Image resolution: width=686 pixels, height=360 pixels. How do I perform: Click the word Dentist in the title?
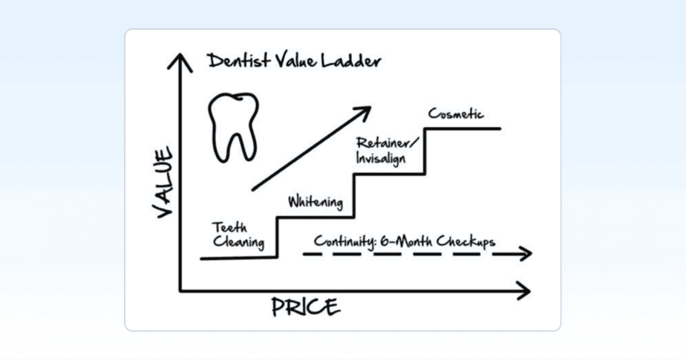(239, 60)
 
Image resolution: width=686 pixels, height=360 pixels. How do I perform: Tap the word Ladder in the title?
(351, 60)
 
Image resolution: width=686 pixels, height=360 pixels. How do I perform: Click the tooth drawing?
(233, 127)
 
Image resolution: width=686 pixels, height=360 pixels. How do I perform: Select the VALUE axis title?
(163, 183)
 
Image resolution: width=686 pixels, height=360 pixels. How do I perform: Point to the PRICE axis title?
(305, 307)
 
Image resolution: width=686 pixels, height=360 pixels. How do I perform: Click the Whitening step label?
(316, 202)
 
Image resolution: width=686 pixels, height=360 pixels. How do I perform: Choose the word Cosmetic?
(456, 114)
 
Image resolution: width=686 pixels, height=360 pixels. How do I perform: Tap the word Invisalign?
(381, 158)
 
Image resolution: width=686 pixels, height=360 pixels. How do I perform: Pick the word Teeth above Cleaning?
(229, 227)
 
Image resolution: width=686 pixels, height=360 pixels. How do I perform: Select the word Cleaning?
(239, 242)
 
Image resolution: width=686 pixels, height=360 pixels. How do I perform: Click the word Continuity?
(344, 241)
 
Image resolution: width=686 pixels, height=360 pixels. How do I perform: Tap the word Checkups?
(465, 241)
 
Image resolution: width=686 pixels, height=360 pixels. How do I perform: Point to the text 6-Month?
(405, 241)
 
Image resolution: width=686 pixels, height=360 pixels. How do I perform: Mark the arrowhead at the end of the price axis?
(523, 291)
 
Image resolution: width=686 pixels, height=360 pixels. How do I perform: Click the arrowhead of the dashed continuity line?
(525, 254)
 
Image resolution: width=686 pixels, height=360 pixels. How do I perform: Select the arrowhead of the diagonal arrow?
(362, 113)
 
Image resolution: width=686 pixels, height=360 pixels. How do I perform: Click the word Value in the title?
(295, 60)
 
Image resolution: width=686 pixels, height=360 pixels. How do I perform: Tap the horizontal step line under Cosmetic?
(463, 128)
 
